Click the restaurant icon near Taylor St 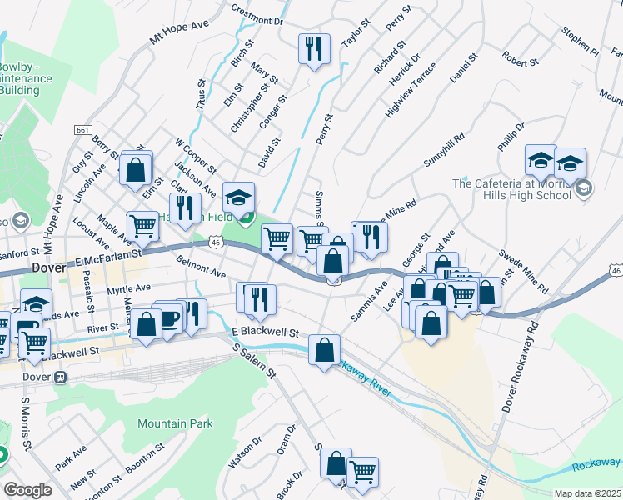[314, 49]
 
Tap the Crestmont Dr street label [257, 15]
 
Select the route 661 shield [82, 130]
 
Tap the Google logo [27, 490]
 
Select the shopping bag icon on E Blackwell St [324, 350]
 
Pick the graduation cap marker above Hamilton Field [238, 197]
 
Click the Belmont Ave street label [202, 267]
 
